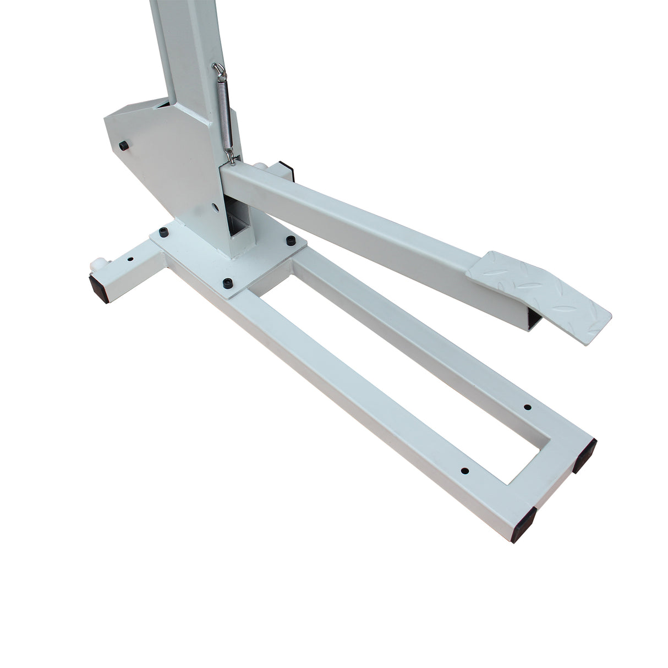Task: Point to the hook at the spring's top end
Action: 217,69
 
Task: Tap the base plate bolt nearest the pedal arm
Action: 289,240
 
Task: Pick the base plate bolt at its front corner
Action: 227,283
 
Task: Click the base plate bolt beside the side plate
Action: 163,231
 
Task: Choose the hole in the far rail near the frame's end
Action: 527,407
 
